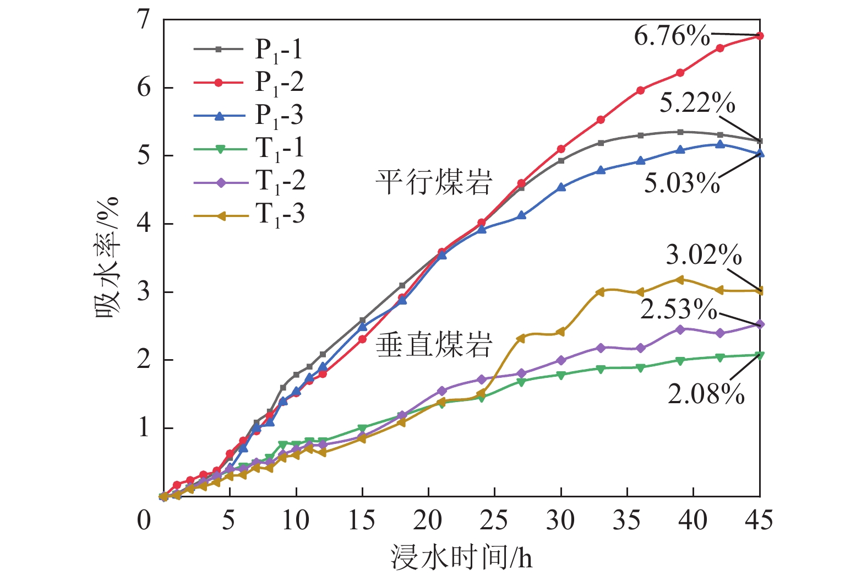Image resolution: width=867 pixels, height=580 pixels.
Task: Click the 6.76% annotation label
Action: coord(672,36)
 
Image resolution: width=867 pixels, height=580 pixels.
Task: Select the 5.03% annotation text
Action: coord(682,183)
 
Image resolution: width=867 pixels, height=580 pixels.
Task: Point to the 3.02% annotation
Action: coord(704,255)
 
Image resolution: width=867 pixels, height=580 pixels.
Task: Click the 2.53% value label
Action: coord(678,310)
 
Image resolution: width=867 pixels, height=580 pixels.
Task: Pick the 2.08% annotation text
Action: coord(706,394)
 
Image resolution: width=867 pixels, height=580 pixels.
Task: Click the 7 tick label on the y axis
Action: coord(144,20)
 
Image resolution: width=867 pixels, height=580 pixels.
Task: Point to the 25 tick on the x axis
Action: coord(494,521)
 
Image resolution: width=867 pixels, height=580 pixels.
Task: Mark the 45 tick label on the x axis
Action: coord(759,521)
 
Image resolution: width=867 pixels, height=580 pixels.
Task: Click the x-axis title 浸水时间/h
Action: coord(461,558)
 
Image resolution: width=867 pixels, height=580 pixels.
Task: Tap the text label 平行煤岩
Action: coord(434,182)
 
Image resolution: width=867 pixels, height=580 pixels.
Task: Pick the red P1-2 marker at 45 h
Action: coord(760,36)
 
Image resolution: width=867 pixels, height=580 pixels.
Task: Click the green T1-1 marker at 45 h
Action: coord(760,355)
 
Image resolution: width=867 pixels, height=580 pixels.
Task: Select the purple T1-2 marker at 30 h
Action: coord(561,360)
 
